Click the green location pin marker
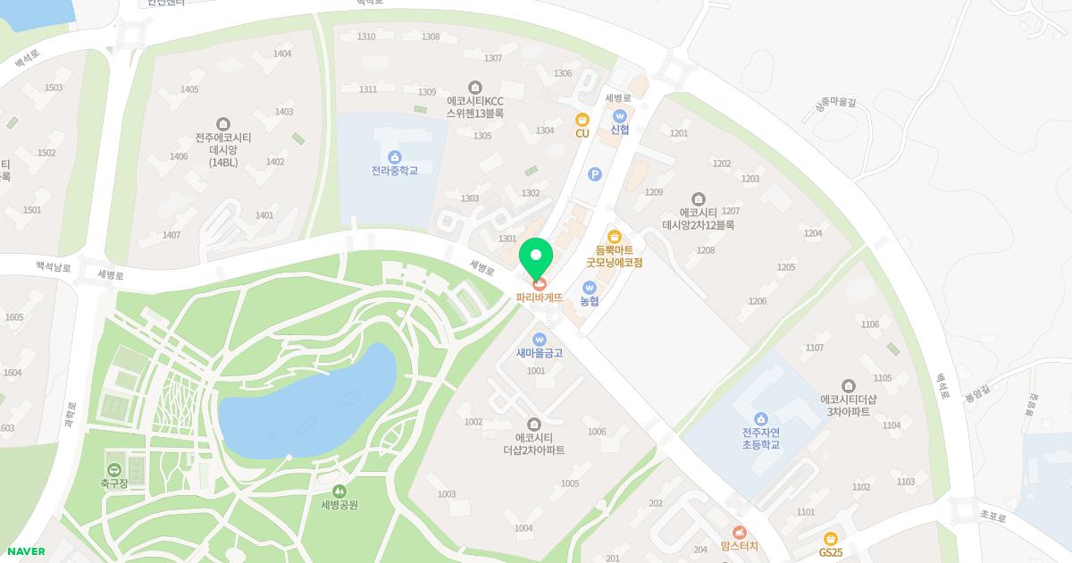point(536,257)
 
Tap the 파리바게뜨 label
point(539,297)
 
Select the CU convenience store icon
point(582,119)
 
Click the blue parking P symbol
point(595,175)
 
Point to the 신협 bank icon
point(620,115)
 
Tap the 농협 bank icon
point(589,287)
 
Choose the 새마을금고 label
point(539,353)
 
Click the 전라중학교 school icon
point(394,156)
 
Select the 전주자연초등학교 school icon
point(761,418)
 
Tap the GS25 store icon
point(831,538)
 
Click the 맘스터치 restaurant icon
point(739,533)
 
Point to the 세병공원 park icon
point(339,491)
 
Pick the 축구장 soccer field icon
point(114,469)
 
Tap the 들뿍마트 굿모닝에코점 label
point(614,256)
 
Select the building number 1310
point(366,37)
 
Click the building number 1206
point(758,301)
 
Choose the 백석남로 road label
point(53,266)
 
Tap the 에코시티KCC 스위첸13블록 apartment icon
point(474,87)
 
